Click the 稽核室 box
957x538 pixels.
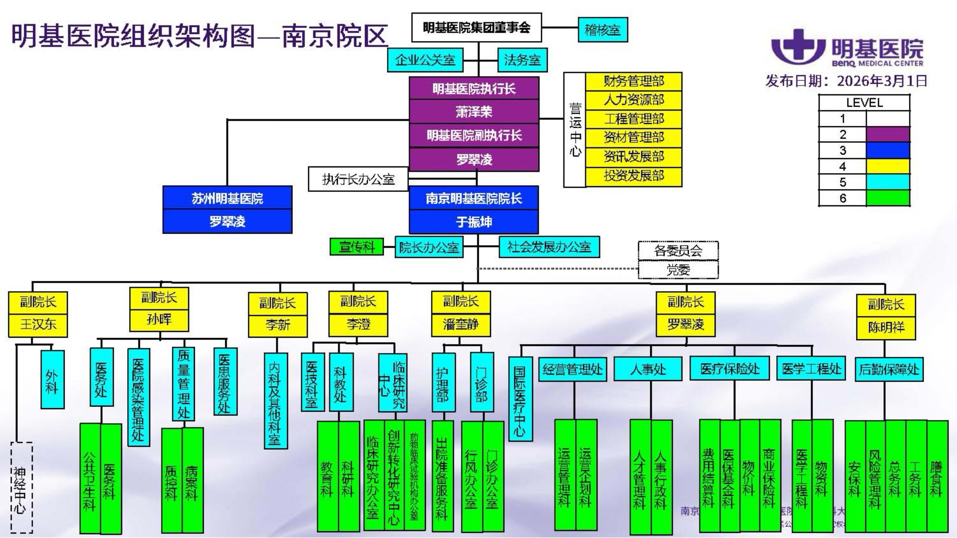coord(603,30)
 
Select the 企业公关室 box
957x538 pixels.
coord(425,60)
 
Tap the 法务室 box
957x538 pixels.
coord(522,60)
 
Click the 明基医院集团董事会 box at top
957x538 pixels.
coord(476,28)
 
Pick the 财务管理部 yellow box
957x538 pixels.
coord(633,81)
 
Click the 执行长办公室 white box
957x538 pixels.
coord(358,180)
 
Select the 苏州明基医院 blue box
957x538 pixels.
coord(227,198)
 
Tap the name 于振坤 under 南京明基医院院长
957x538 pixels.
coord(474,222)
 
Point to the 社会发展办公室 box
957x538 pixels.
coord(549,247)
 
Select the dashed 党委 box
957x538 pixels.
coord(678,270)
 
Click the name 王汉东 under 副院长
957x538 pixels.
coord(38,324)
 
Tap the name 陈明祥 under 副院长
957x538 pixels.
coord(886,327)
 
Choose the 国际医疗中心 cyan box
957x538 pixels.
coord(520,399)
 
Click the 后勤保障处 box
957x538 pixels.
coord(889,369)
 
